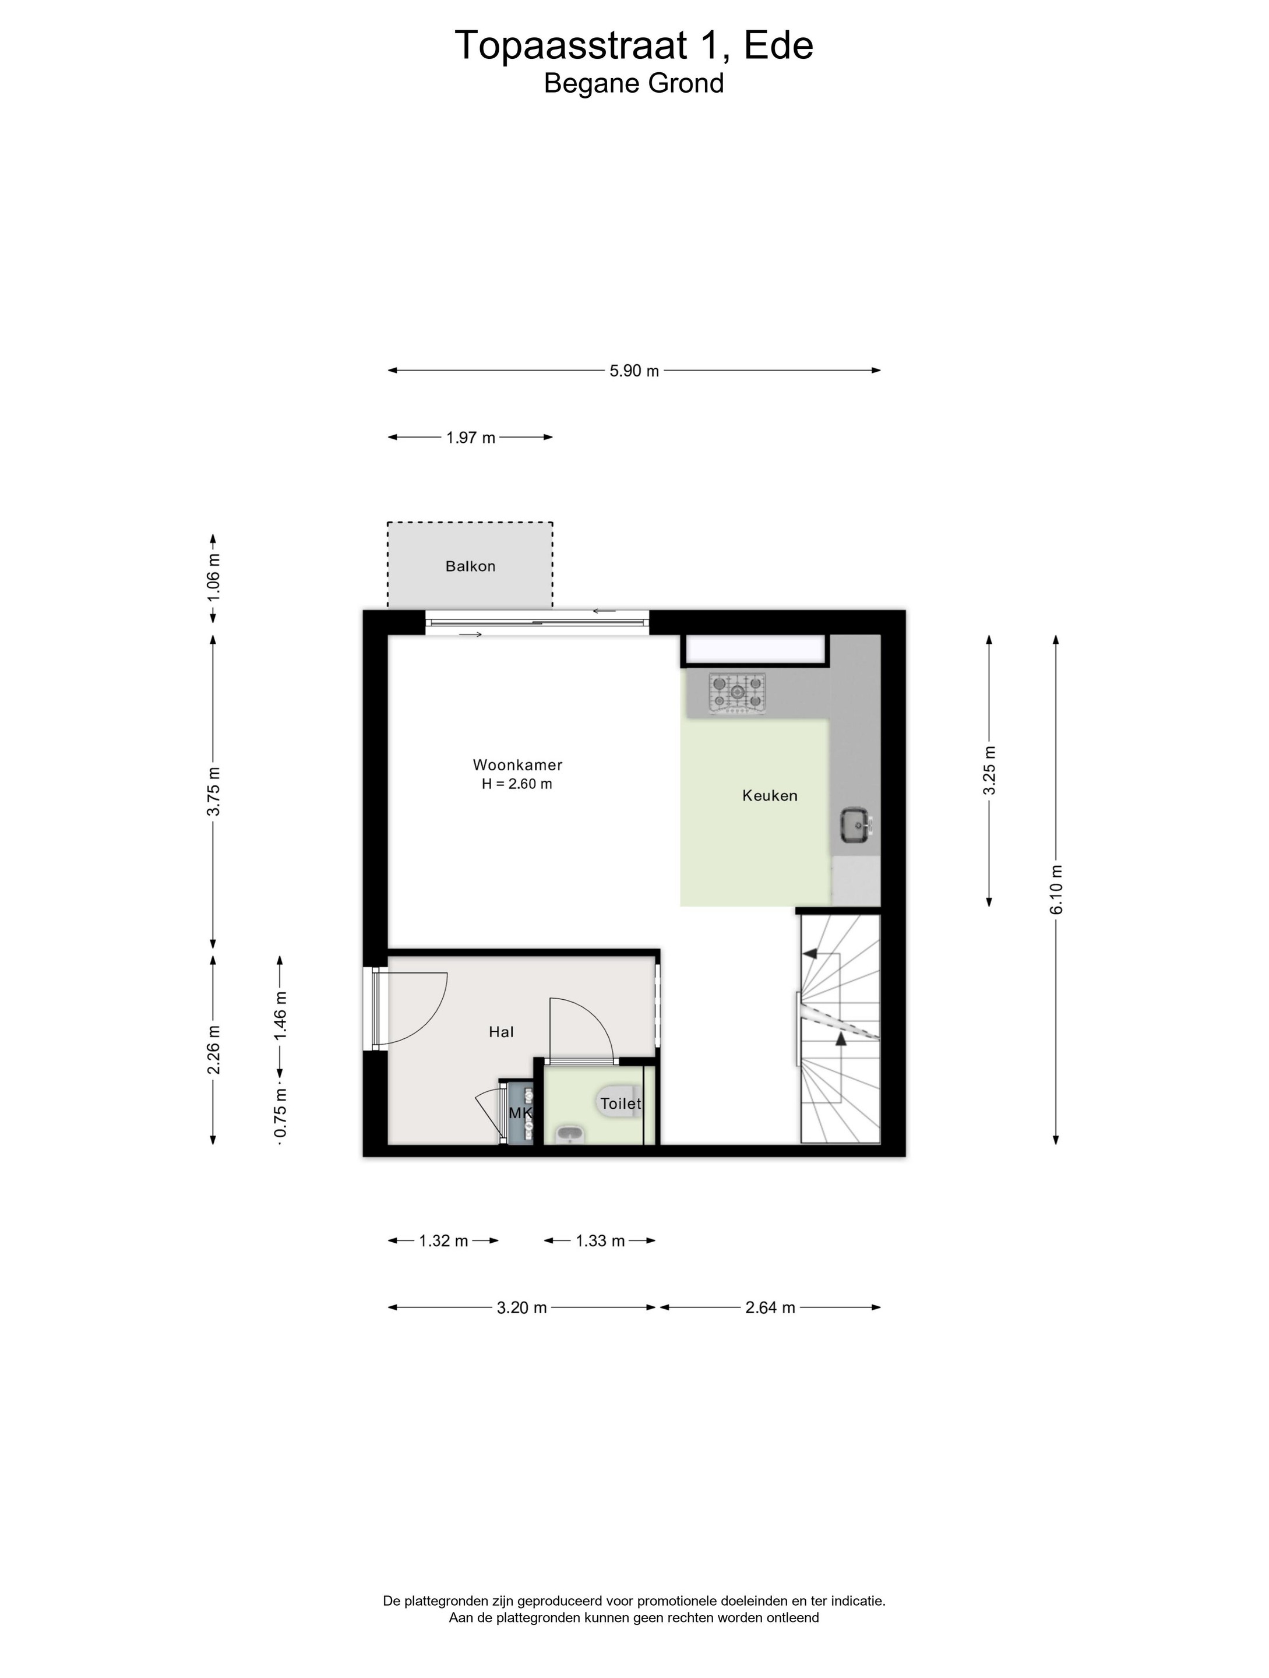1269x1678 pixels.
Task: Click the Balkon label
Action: pos(470,566)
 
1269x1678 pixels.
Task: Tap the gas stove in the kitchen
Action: pos(736,693)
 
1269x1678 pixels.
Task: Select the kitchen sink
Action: pos(857,826)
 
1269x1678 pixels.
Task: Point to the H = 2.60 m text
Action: pos(517,784)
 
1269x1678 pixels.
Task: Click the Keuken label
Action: pos(770,796)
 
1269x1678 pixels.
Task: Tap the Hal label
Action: pos(502,1032)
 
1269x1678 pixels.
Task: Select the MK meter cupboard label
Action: pos(520,1113)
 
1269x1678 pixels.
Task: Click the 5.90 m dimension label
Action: pos(634,371)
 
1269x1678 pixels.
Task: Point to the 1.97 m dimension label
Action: pos(470,438)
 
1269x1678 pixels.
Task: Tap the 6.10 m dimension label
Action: pos(1056,890)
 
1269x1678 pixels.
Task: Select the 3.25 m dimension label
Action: pos(989,771)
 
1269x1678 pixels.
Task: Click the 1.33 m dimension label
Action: pos(600,1241)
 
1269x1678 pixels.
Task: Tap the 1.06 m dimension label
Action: pos(213,579)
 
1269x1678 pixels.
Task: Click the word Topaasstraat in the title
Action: pos(570,45)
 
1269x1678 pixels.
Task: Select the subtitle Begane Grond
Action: pos(634,83)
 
